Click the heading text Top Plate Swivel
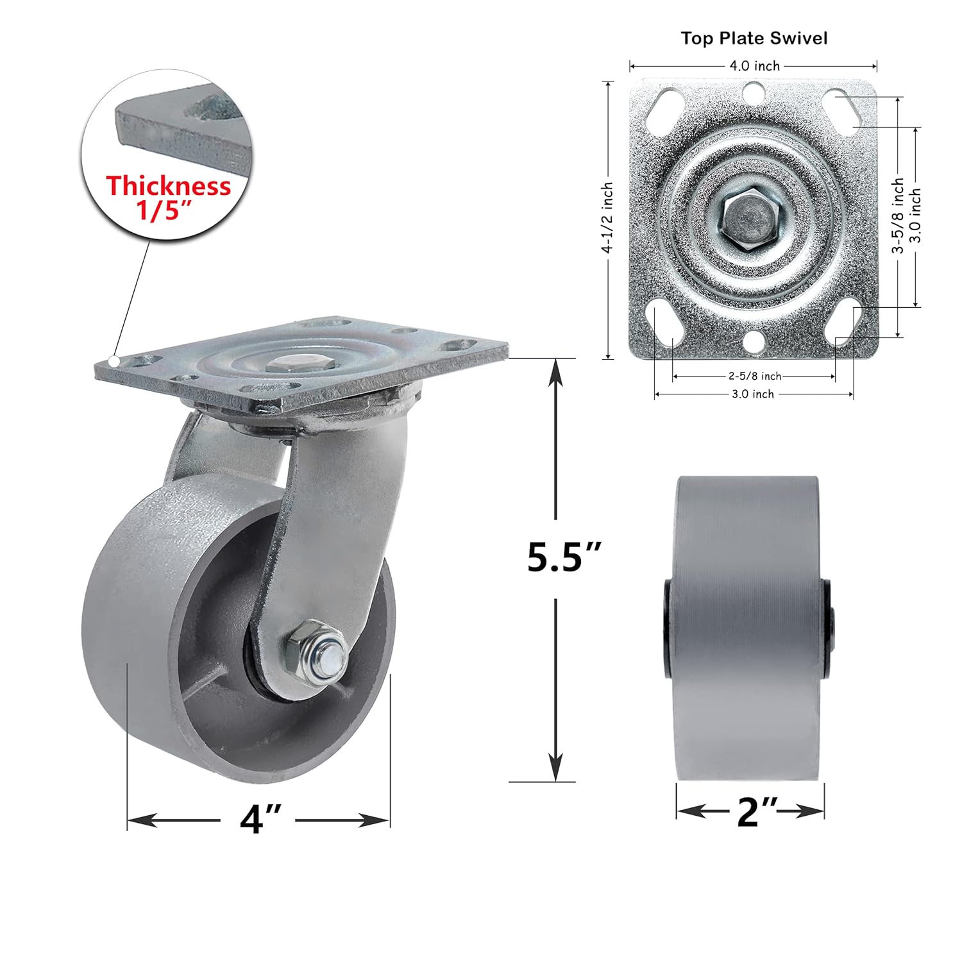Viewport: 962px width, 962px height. pos(754,38)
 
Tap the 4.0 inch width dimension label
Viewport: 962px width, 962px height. pos(754,65)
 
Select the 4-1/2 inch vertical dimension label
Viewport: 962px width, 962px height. pos(607,217)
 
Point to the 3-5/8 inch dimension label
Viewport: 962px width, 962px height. pos(898,215)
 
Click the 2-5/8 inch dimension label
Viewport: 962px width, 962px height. pos(754,376)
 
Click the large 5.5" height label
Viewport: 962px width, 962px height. pos(564,557)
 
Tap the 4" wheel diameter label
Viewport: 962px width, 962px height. pos(260,819)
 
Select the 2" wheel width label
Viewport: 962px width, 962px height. pos(757,812)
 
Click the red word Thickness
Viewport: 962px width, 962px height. pos(168,186)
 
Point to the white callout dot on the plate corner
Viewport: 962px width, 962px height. pos(114,361)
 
